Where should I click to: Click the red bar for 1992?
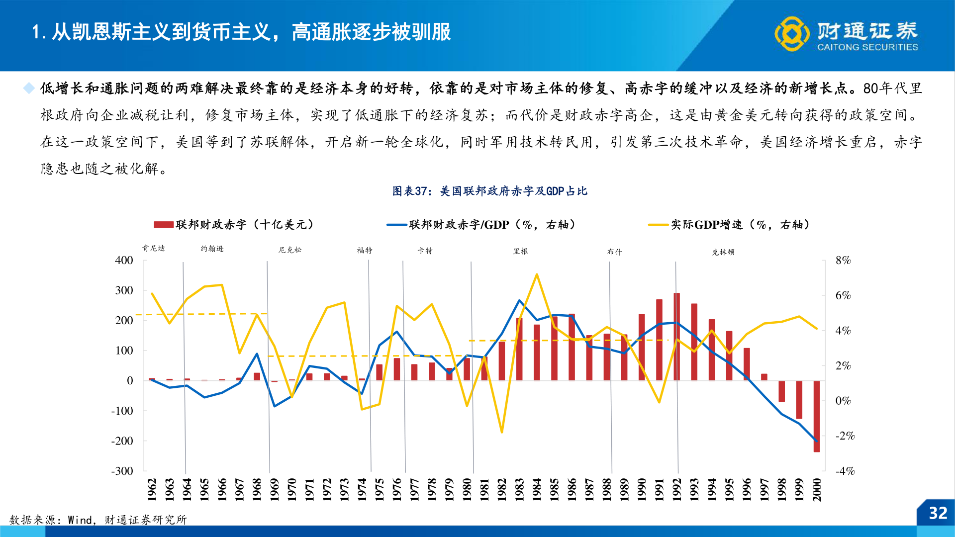pyautogui.click(x=676, y=337)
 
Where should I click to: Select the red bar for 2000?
pyautogui.click(x=817, y=416)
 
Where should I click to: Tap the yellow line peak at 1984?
pyautogui.click(x=537, y=274)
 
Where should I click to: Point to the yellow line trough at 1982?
pyautogui.click(x=502, y=432)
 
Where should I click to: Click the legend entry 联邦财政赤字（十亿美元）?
pyautogui.click(x=234, y=225)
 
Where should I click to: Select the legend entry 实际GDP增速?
pyautogui.click(x=730, y=225)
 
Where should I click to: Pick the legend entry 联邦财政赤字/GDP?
pyautogui.click(x=481, y=225)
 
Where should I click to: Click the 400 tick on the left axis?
pyautogui.click(x=124, y=261)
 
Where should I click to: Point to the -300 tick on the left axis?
pyautogui.click(x=122, y=471)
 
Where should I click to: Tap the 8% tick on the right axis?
pyautogui.click(x=843, y=261)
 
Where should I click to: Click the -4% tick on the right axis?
pyautogui.click(x=845, y=471)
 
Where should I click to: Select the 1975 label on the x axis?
pyautogui.click(x=380, y=490)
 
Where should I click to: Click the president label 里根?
pyautogui.click(x=520, y=252)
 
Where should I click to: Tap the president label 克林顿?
pyautogui.click(x=723, y=252)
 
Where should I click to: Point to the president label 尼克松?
pyautogui.click(x=289, y=250)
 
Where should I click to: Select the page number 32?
pyautogui.click(x=938, y=513)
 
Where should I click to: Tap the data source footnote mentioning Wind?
pyautogui.click(x=98, y=520)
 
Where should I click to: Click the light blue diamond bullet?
pyautogui.click(x=29, y=89)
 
